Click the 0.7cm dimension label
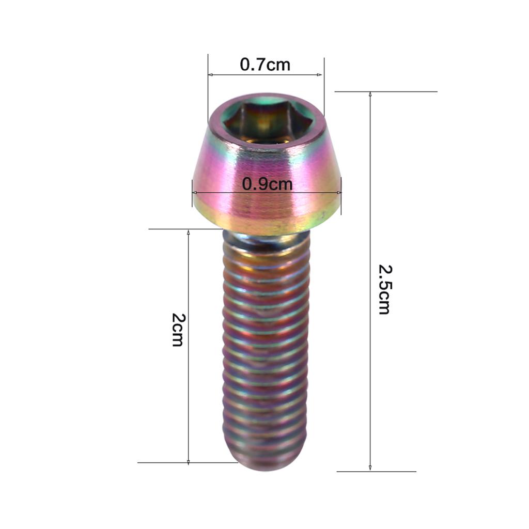coord(265,65)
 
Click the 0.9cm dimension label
coord(267,184)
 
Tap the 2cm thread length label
coord(177,330)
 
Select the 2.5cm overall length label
coord(384,289)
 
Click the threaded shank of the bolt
coord(266,351)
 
